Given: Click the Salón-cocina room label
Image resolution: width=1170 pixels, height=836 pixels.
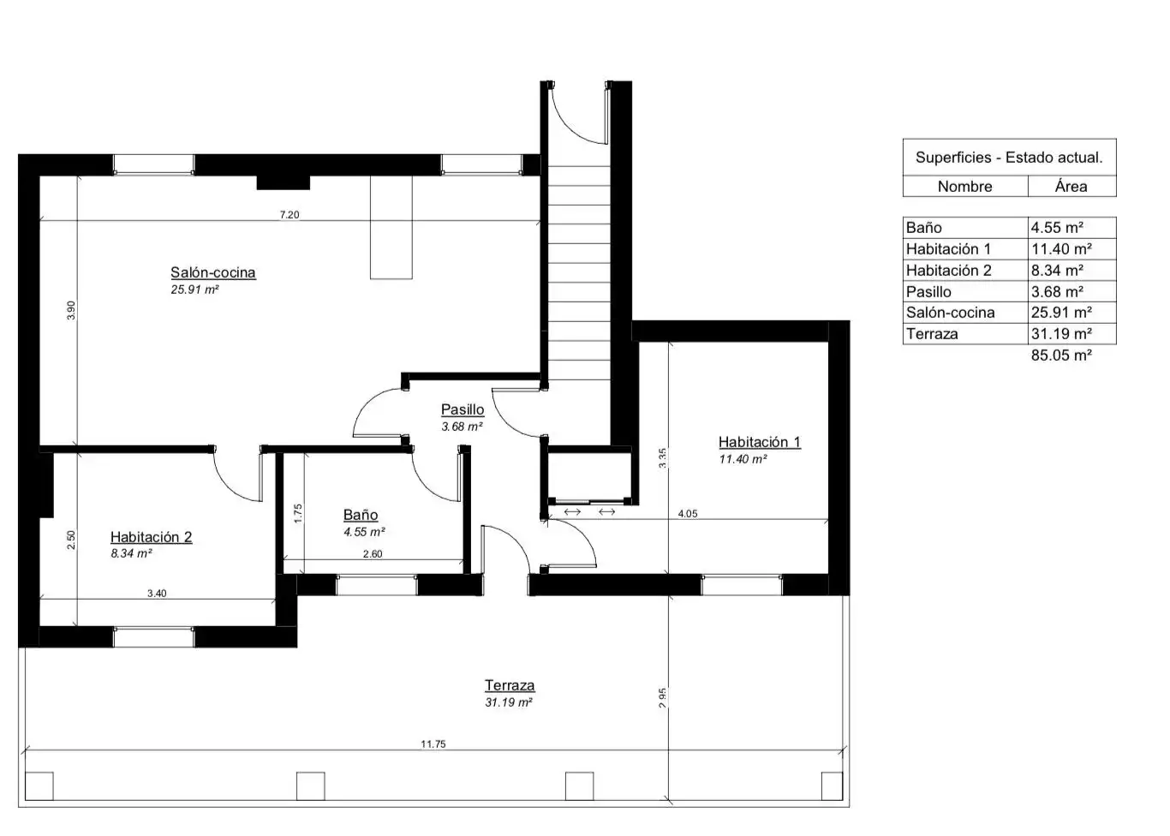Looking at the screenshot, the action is pyautogui.click(x=213, y=272).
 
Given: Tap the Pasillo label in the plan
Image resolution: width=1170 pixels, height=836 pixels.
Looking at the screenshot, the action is pyautogui.click(x=463, y=409).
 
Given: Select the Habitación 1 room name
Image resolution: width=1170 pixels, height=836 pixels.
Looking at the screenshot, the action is pyautogui.click(x=760, y=442).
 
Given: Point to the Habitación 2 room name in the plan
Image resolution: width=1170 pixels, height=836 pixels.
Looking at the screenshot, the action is pyautogui.click(x=151, y=536).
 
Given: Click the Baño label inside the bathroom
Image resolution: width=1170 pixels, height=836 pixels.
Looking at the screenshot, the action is pyautogui.click(x=361, y=515).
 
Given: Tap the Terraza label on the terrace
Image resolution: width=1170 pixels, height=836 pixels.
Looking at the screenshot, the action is pyautogui.click(x=510, y=685).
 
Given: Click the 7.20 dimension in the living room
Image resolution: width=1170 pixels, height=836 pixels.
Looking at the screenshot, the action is pyautogui.click(x=290, y=215).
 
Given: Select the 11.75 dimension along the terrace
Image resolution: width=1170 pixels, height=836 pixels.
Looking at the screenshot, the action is pyautogui.click(x=433, y=744).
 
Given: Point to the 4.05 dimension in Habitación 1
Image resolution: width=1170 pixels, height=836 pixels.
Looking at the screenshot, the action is pyautogui.click(x=688, y=514).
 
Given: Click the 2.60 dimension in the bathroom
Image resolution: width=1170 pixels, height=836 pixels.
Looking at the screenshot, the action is pyautogui.click(x=373, y=554).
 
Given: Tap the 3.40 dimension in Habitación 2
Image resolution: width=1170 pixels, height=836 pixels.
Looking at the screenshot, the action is pyautogui.click(x=157, y=593).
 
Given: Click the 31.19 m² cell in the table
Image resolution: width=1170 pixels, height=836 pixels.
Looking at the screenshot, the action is pyautogui.click(x=1061, y=334).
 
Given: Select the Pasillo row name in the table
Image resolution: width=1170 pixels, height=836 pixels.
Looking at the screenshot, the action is pyautogui.click(x=928, y=291).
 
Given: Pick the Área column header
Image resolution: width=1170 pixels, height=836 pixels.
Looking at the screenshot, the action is pyautogui.click(x=1072, y=187).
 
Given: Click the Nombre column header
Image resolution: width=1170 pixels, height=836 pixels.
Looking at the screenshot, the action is pyautogui.click(x=964, y=187).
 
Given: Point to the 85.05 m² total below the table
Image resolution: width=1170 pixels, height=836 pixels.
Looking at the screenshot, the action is pyautogui.click(x=1061, y=355).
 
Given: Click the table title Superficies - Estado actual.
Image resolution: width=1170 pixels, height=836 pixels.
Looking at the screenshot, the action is pyautogui.click(x=1009, y=158).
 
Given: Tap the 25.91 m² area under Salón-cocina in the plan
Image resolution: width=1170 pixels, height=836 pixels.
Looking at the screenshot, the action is pyautogui.click(x=194, y=290).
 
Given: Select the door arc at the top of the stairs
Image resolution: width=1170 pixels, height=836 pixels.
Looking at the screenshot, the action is pyautogui.click(x=570, y=128).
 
